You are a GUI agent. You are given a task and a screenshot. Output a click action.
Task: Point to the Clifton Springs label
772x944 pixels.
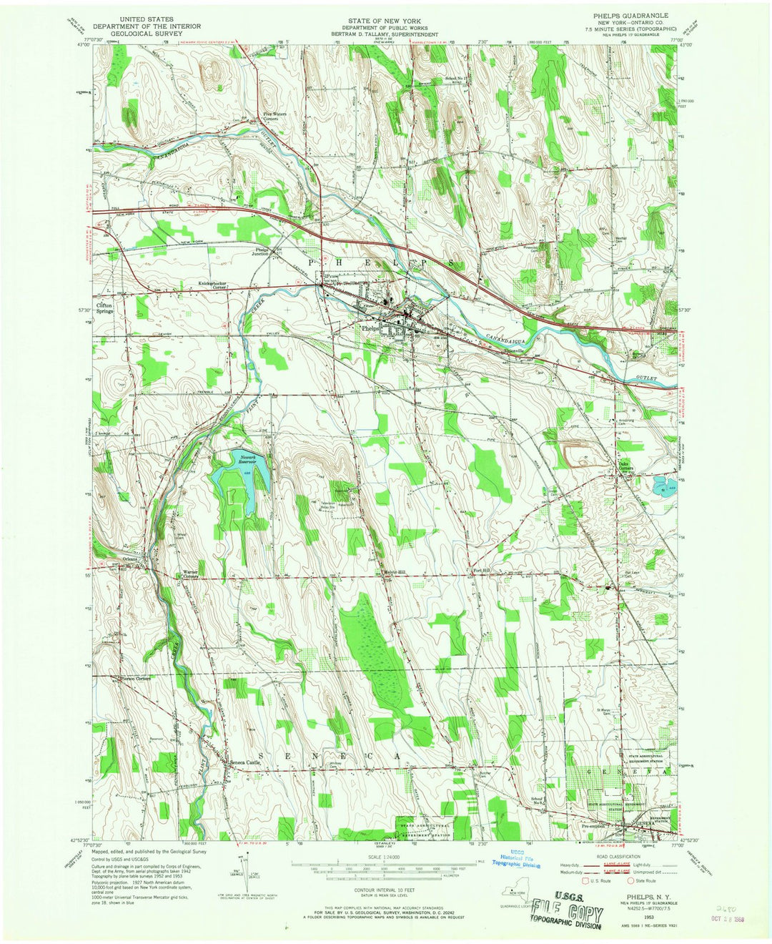106,308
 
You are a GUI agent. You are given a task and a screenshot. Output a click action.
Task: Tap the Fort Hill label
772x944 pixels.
482,570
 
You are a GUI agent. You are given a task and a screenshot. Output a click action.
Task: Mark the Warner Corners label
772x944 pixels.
190,574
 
